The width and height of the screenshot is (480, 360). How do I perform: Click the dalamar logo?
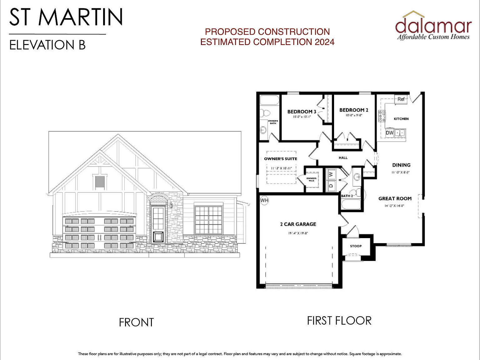click(x=433, y=26)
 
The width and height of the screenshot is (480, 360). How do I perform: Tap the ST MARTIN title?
click(x=66, y=17)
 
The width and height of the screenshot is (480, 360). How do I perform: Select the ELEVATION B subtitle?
click(x=47, y=45)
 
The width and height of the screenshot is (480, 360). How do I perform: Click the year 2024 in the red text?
click(x=324, y=42)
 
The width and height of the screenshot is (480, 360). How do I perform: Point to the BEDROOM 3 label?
click(x=302, y=112)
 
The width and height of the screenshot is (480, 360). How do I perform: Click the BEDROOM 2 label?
click(x=354, y=110)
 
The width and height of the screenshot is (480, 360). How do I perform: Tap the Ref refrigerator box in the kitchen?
click(x=401, y=99)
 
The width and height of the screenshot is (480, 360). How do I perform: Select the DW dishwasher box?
click(x=389, y=133)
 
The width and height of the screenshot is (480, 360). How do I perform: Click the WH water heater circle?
click(x=264, y=200)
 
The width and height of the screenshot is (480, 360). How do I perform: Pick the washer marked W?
click(x=331, y=173)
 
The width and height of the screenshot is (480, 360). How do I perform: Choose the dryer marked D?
click(x=331, y=185)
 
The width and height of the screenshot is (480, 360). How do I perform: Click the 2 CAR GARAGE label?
click(x=298, y=224)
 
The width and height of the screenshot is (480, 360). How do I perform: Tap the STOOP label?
click(x=356, y=246)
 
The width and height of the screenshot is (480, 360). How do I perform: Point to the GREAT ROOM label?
click(x=395, y=198)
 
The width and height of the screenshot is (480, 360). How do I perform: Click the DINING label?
click(x=401, y=165)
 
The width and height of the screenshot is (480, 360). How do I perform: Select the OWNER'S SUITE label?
click(x=280, y=159)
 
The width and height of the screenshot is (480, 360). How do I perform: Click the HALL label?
click(x=343, y=158)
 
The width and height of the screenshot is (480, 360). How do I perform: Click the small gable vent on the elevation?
click(x=100, y=182)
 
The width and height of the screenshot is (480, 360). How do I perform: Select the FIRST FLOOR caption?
click(x=339, y=321)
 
